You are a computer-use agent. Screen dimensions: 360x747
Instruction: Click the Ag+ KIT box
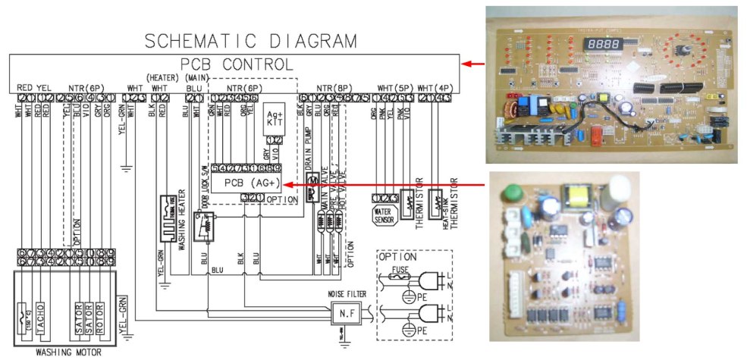pyautogui.click(x=274, y=121)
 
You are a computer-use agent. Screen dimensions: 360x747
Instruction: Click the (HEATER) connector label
pyautogui.click(x=162, y=78)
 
